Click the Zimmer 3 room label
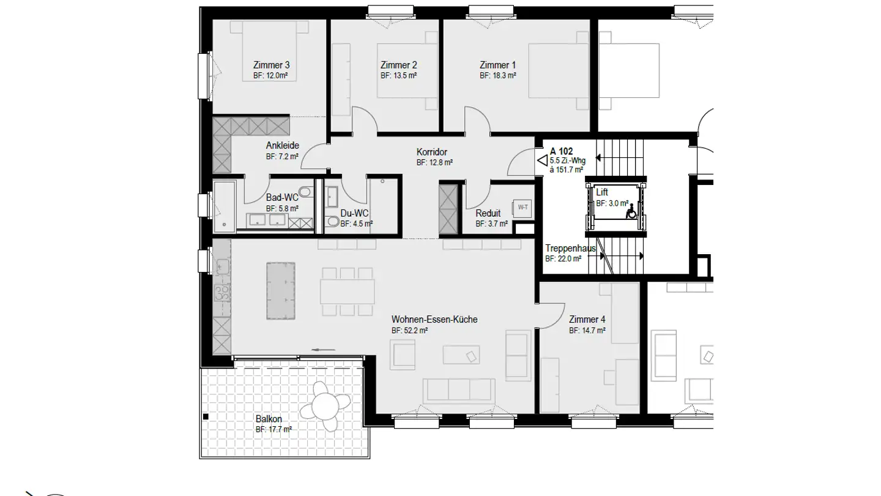(x=271, y=65)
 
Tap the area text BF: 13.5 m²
(x=398, y=76)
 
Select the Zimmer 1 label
(x=497, y=65)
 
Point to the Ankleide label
(x=282, y=146)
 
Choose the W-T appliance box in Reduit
(x=522, y=208)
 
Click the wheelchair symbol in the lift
(x=631, y=211)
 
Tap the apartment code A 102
(x=561, y=151)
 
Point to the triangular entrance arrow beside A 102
(x=542, y=160)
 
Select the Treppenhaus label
(x=570, y=249)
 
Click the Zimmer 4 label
(x=587, y=320)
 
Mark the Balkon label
(x=269, y=419)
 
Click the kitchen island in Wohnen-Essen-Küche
(x=281, y=291)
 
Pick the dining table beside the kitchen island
(x=348, y=291)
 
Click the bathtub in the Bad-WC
(x=223, y=206)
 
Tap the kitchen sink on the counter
(x=222, y=266)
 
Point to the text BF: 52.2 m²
(x=409, y=331)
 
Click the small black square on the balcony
(x=206, y=417)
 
